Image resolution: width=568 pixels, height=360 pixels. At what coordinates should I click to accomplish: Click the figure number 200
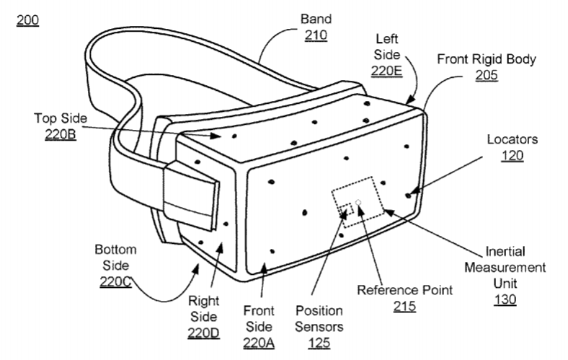click(27, 20)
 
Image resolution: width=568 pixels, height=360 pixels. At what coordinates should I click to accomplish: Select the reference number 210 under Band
click(316, 35)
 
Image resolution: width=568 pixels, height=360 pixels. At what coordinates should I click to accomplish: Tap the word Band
click(316, 19)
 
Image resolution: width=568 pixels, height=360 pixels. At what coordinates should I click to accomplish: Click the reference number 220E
click(386, 71)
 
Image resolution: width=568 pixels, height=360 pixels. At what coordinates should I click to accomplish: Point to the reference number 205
click(487, 75)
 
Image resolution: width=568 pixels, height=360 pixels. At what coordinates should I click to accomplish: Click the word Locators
click(512, 139)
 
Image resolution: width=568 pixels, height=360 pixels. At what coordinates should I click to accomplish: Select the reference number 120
click(512, 156)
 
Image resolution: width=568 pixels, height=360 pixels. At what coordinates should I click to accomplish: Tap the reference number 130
click(505, 299)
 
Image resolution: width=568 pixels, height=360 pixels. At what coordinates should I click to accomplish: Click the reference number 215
click(404, 307)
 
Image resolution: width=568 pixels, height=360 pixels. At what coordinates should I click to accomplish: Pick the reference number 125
click(319, 343)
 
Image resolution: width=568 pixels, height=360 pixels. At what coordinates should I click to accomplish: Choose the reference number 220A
click(259, 343)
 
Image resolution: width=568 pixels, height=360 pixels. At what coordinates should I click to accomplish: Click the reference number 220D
click(203, 333)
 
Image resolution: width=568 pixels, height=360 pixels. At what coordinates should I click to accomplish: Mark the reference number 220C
click(116, 281)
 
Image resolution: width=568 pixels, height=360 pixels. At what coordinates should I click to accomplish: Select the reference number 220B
click(61, 134)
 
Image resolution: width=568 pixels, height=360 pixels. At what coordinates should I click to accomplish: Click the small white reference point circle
click(358, 202)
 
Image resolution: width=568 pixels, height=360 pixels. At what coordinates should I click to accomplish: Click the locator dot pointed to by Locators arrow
click(408, 196)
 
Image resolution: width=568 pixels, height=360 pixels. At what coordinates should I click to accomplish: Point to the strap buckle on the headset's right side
click(191, 196)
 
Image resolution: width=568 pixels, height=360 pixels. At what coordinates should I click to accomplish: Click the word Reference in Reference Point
click(383, 290)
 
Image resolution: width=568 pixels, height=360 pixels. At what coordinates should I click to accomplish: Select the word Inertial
click(505, 251)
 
